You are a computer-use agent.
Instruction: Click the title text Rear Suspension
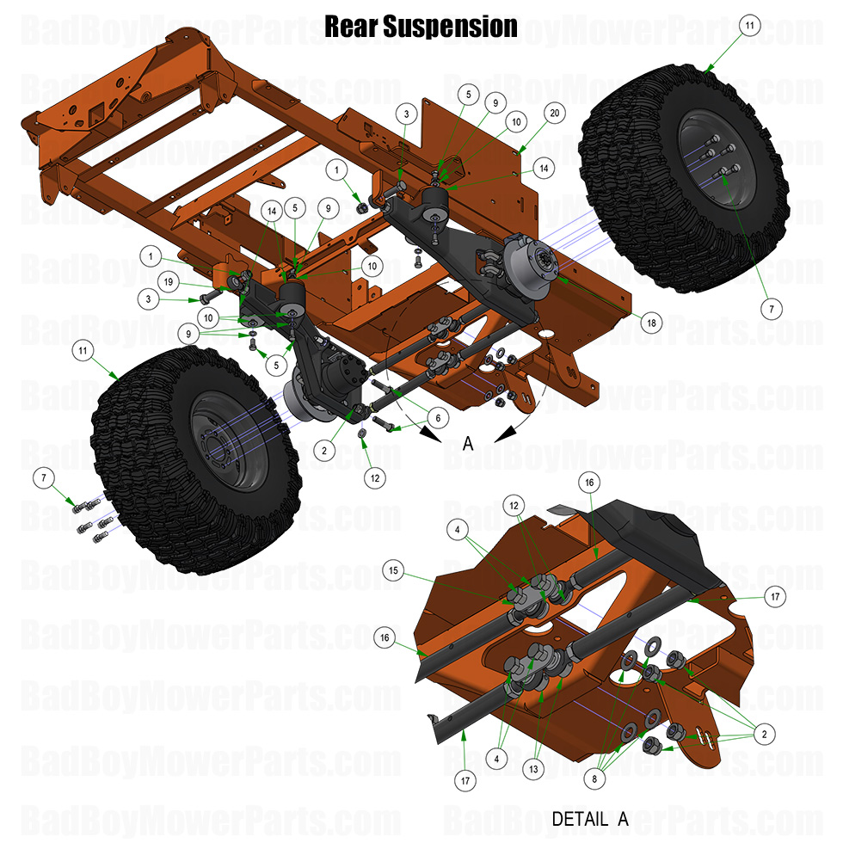coord(421,27)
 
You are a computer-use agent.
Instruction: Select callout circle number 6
coord(437,417)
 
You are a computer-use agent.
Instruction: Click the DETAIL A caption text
coord(589,820)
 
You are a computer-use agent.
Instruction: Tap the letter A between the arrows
coord(468,443)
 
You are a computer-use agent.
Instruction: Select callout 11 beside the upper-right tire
coord(748,27)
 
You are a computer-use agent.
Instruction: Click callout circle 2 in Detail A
coord(763,734)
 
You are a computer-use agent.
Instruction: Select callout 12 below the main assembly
coord(373,477)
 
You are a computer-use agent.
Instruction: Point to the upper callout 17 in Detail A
coord(750,595)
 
